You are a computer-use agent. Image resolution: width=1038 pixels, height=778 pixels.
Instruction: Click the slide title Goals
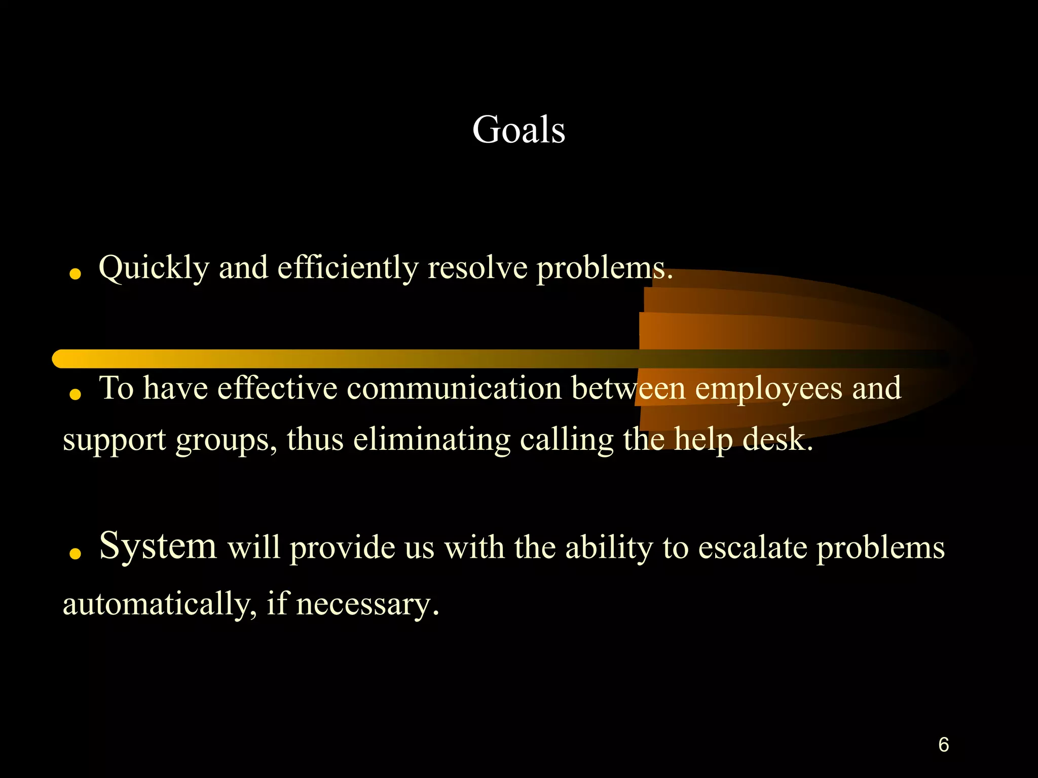coord(518,130)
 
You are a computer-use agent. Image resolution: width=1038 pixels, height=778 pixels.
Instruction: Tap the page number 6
coord(943,745)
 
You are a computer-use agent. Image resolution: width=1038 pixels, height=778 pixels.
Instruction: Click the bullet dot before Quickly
coord(76,275)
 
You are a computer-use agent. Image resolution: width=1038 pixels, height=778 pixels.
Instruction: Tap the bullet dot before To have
coord(76,395)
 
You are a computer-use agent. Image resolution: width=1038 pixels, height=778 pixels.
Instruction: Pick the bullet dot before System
coord(76,554)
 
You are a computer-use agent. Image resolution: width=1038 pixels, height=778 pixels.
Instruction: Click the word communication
coord(454,388)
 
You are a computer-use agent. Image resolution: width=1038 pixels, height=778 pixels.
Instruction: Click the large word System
coord(158,546)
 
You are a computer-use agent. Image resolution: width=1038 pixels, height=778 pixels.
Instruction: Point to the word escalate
coord(752,548)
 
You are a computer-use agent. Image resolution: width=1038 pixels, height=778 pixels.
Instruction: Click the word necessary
coord(367,605)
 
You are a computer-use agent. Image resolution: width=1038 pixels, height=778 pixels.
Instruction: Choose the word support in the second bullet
coord(114,440)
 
